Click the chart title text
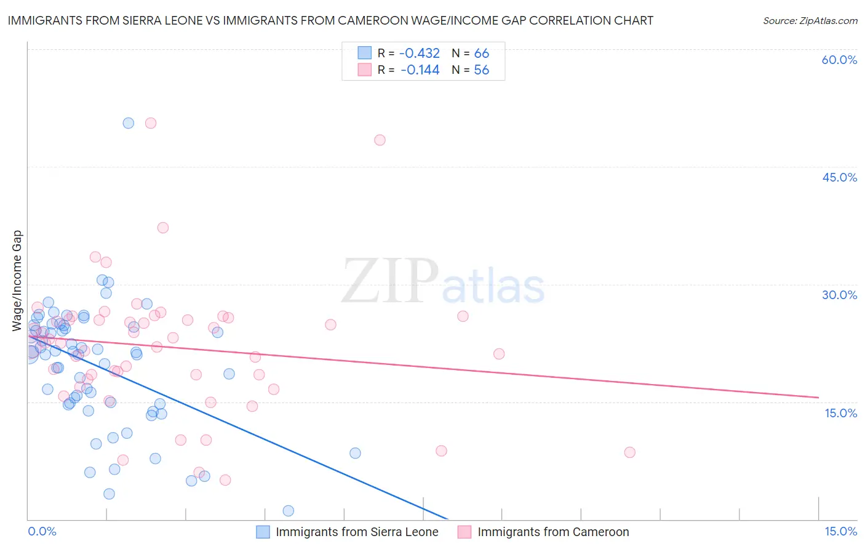330,20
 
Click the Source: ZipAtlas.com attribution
810,20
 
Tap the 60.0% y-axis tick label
839,60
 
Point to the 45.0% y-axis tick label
839,177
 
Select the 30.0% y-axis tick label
839,295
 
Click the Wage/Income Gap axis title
17,281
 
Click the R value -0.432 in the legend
420,54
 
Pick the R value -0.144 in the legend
420,70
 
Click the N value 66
481,54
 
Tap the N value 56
481,70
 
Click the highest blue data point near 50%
128,123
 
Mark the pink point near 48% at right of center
380,140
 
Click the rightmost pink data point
629,452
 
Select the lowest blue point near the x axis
288,511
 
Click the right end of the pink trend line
818,398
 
